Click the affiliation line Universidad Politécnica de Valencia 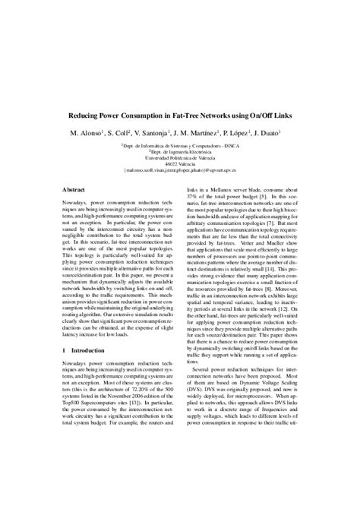click(x=179, y=156)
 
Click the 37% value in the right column click(x=194, y=201)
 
